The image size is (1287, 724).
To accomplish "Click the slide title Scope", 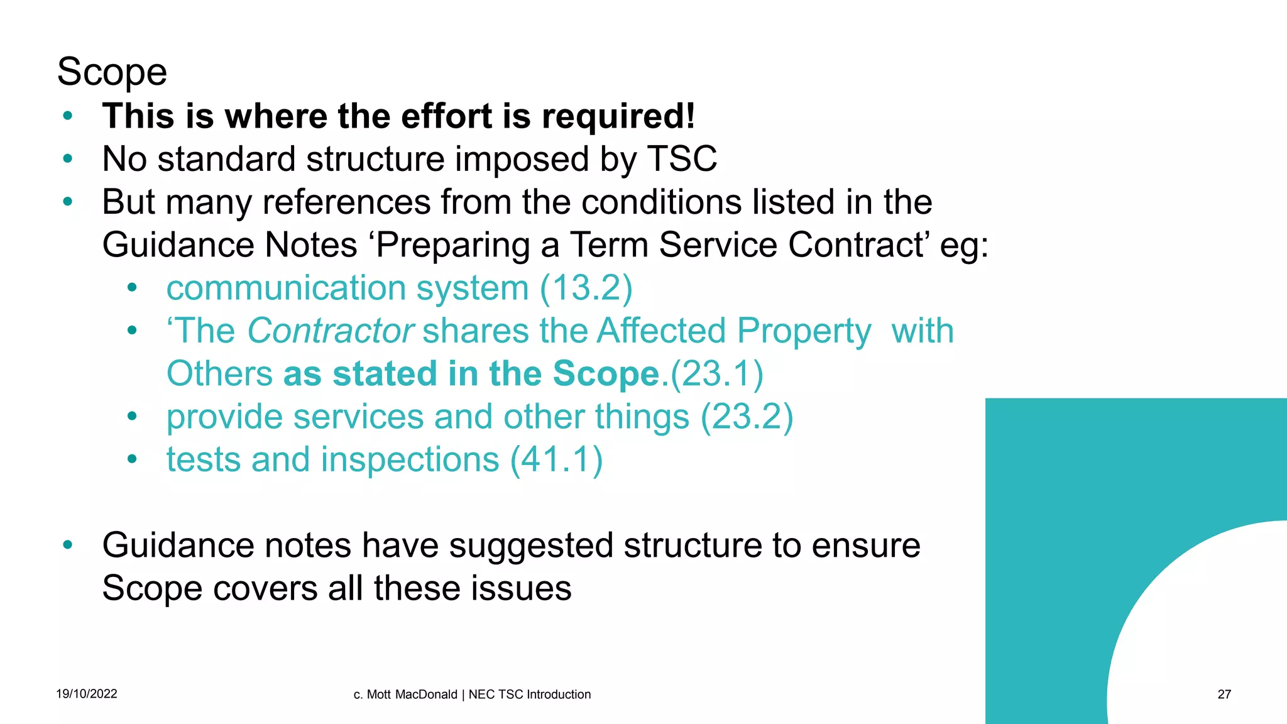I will point(112,72).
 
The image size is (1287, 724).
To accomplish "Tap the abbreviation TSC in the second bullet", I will point(682,159).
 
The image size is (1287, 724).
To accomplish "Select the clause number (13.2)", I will point(586,288).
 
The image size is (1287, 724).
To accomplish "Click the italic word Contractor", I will point(331,331).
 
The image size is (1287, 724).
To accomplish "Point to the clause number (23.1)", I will point(717,374).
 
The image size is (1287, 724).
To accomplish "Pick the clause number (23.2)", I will point(747,417).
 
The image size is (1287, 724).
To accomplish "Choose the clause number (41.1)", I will point(556,459).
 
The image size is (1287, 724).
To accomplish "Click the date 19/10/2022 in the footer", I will point(87,694).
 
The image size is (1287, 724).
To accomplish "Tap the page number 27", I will point(1224,694).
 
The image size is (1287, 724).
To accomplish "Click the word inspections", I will point(410,459).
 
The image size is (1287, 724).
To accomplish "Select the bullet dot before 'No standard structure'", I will point(68,159).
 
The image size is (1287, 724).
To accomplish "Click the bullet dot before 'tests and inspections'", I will point(131,459).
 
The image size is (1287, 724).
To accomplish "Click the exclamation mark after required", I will point(690,116).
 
